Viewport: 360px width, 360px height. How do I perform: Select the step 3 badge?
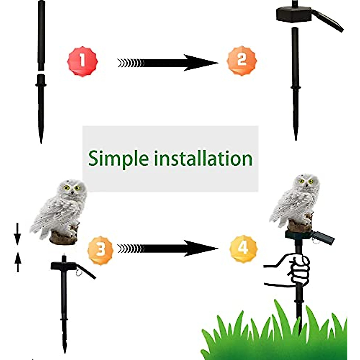[100, 249]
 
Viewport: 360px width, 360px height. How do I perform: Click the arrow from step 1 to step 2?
[168, 63]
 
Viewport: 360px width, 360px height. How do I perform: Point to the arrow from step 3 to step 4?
[168, 248]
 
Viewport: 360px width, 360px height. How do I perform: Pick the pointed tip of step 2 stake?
[295, 135]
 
